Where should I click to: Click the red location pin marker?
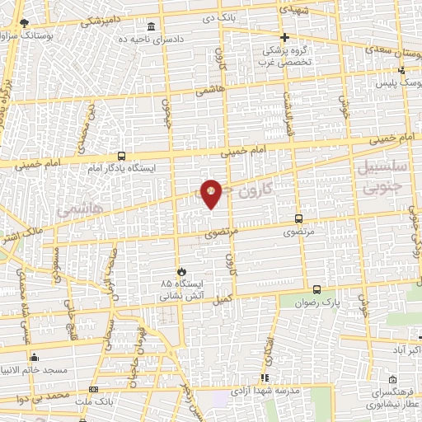click(211, 193)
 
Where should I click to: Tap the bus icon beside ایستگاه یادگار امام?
click(122, 156)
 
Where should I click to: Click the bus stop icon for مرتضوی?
click(298, 220)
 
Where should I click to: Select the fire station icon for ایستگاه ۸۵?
click(181, 270)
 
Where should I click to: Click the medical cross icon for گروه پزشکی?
click(285, 37)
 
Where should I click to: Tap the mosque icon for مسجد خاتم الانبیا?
click(34, 358)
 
